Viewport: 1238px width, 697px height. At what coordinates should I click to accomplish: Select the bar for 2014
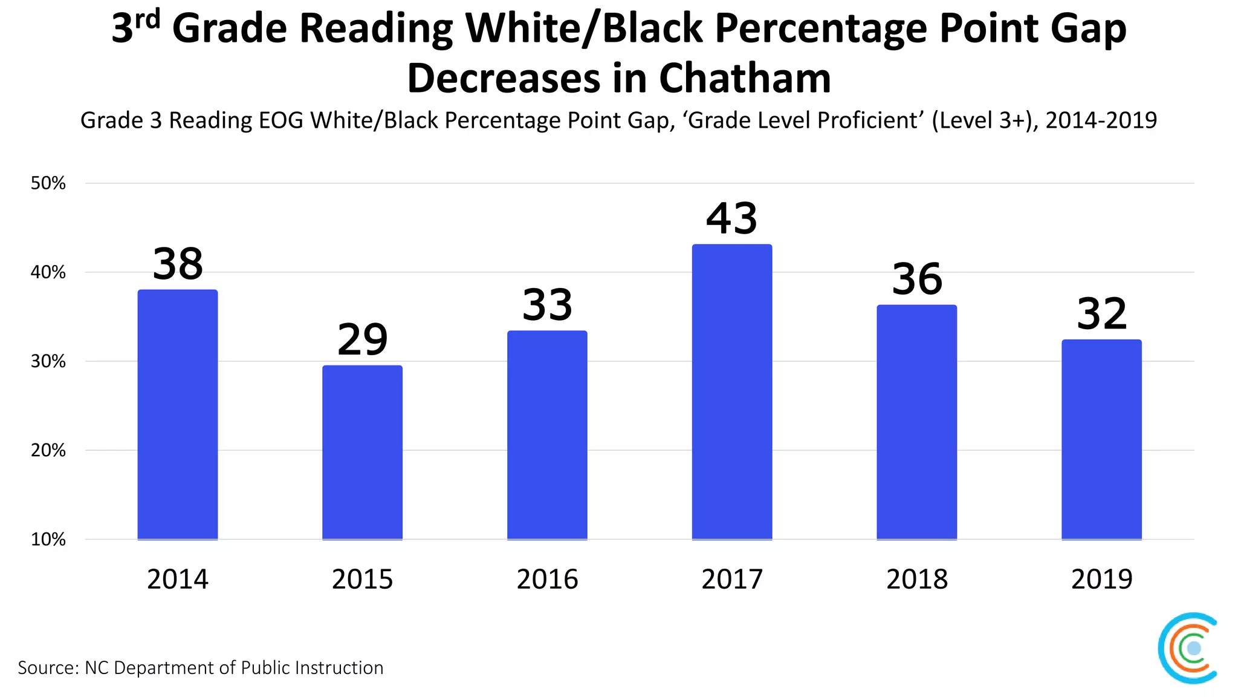tap(177, 414)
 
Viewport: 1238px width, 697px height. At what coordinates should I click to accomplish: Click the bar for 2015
tap(362, 452)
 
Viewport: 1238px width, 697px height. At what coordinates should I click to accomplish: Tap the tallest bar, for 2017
tap(731, 391)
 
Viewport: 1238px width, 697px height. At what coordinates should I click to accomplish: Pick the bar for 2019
tap(1101, 439)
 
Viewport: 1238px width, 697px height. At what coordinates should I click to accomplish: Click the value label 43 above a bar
tap(731, 219)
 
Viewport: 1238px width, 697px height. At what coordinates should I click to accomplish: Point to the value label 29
tap(362, 340)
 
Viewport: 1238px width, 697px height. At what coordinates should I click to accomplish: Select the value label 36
tap(917, 280)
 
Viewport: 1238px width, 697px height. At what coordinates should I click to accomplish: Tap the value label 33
tap(547, 306)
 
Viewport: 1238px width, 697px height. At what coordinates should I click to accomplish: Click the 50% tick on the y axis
tap(48, 183)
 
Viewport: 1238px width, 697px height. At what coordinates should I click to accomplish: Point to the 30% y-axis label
tap(48, 362)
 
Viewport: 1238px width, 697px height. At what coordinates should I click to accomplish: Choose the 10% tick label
tap(48, 540)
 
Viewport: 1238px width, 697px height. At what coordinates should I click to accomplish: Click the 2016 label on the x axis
tap(547, 580)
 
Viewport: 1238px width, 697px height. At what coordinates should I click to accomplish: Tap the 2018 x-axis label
tap(917, 580)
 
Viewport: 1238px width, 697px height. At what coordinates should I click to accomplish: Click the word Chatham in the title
tap(745, 79)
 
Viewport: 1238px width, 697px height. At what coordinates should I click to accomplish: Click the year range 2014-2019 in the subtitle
tap(1101, 120)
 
